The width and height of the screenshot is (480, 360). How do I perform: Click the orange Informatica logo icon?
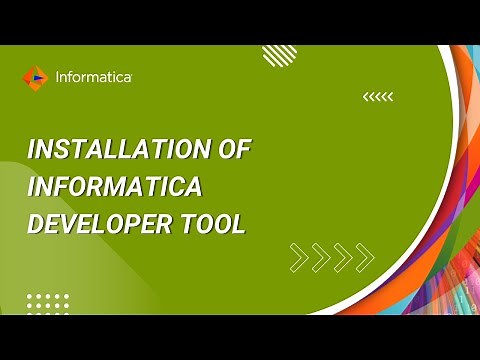(x=35, y=77)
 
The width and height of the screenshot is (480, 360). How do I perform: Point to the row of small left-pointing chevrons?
(x=378, y=97)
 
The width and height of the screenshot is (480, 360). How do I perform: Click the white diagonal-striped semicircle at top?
(x=280, y=54)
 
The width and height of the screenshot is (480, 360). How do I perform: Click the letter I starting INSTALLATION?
(x=31, y=150)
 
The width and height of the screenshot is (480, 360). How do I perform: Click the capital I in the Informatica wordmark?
(x=57, y=77)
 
